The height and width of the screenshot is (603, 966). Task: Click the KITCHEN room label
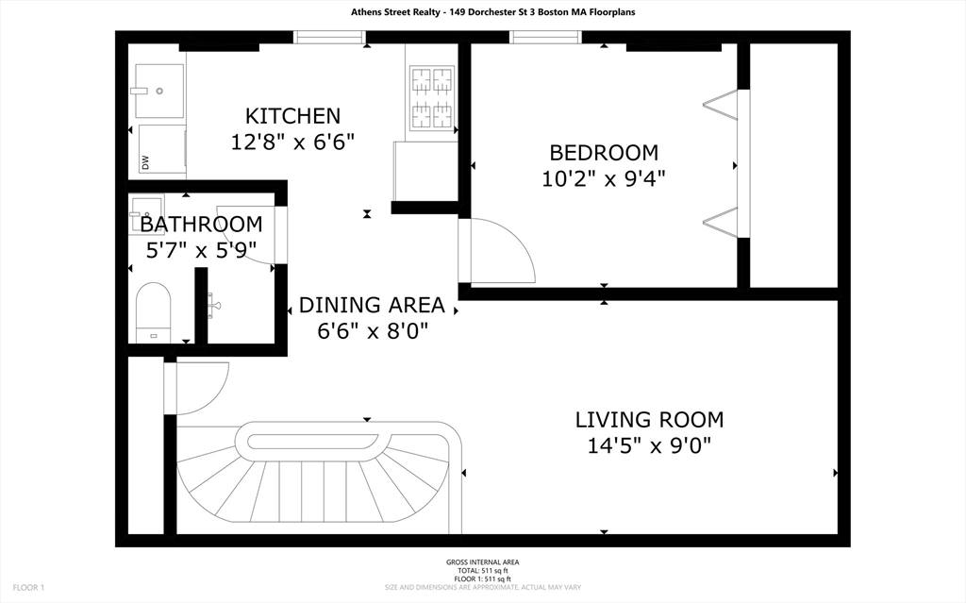[292, 116]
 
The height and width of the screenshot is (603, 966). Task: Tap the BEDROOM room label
[604, 152]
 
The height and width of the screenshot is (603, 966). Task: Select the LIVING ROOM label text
[649, 419]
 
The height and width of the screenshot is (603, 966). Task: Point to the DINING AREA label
[372, 305]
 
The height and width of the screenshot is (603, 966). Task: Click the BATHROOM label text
[201, 224]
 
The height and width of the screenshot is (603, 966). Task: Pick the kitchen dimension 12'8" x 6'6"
[292, 142]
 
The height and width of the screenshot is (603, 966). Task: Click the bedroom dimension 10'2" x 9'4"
[604, 178]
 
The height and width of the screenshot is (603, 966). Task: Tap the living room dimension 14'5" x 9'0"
[649, 445]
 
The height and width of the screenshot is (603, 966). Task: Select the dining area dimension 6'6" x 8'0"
[372, 331]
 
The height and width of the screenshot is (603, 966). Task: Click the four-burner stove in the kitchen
[432, 97]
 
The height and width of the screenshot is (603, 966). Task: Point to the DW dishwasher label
[145, 162]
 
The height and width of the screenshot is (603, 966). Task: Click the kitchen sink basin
[159, 91]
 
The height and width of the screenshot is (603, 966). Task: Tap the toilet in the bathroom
[153, 312]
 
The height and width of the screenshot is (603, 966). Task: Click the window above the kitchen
[329, 38]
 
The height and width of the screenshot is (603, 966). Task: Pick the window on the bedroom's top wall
[546, 38]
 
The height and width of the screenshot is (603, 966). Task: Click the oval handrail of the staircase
[318, 442]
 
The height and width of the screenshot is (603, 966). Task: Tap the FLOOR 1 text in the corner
[28, 588]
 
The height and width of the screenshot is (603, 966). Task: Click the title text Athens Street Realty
[394, 11]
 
